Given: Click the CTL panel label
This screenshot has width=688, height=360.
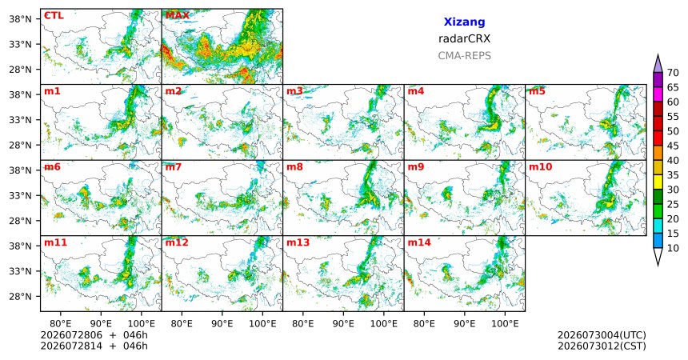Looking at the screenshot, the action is click(x=54, y=16).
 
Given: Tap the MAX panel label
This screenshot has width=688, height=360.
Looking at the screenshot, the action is click(x=178, y=16).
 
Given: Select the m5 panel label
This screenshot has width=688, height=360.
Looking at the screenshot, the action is click(x=537, y=91).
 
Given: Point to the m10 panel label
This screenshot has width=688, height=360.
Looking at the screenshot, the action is click(x=540, y=167).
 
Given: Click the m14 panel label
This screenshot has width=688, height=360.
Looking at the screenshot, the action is click(x=419, y=242).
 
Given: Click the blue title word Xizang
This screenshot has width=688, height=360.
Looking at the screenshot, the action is click(x=464, y=22).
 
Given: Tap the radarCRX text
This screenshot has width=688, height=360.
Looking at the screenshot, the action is click(x=464, y=38).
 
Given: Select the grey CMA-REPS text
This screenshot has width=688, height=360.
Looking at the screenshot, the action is click(x=464, y=56).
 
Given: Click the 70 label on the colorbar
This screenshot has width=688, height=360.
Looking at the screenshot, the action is click(x=673, y=73).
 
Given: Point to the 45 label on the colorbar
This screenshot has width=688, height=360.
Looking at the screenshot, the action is click(x=673, y=146).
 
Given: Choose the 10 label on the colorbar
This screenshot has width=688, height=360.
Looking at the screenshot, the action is click(x=673, y=248).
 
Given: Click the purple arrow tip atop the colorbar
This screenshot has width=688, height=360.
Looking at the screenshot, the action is click(x=658, y=55).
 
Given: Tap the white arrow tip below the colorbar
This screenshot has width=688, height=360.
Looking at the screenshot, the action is click(x=658, y=265).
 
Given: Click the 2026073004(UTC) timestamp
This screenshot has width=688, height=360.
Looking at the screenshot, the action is click(x=602, y=335).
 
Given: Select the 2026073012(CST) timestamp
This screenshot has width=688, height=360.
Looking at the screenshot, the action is click(x=602, y=346).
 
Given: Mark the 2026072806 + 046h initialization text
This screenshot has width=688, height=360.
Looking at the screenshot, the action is click(x=94, y=335).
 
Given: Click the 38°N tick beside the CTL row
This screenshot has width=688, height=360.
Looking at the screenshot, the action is click(x=21, y=19).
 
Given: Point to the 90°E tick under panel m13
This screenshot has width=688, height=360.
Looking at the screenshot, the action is click(x=343, y=324).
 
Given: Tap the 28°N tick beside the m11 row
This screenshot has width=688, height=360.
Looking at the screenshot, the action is click(x=21, y=296).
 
